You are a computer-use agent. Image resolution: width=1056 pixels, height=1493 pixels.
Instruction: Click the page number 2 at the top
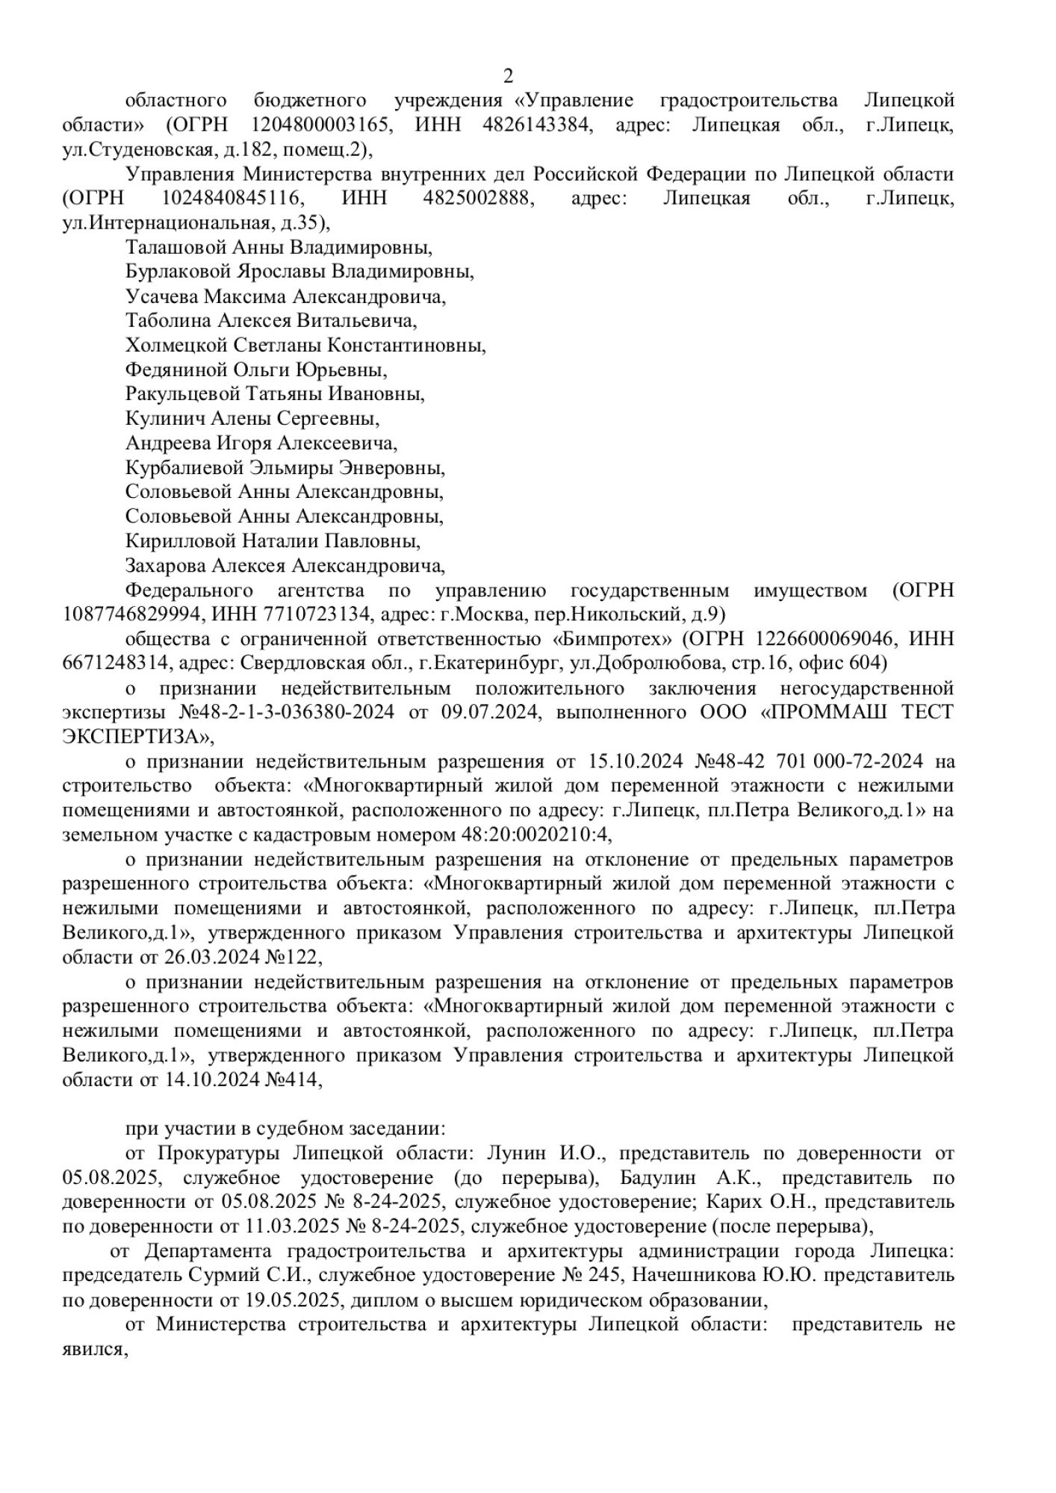509,76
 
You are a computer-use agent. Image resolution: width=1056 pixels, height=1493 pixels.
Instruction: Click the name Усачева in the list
162,296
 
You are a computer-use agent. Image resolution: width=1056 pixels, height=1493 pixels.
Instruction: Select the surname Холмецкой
177,346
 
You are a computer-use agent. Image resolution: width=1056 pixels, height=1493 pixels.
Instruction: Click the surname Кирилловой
179,541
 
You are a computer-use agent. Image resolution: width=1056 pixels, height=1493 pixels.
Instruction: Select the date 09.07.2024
488,712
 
